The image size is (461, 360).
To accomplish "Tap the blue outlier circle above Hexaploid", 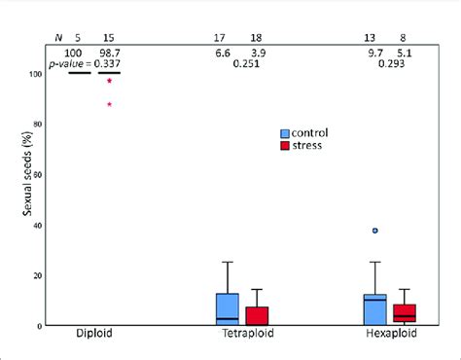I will [374, 231].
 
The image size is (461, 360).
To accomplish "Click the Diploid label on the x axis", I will [94, 335].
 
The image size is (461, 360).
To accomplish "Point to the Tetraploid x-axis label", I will [242, 335].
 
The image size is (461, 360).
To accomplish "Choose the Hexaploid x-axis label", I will [388, 335].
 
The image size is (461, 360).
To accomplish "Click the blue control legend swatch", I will [286, 132].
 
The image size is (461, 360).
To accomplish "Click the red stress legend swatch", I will [286, 145].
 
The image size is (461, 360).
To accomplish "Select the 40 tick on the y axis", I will [38, 225].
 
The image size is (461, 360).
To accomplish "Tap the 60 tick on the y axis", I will [38, 174].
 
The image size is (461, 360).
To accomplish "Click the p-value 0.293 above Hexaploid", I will [390, 64].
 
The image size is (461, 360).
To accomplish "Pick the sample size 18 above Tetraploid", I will [257, 38].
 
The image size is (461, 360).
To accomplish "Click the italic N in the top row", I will [56, 38].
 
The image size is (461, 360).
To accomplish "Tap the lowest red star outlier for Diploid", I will [110, 105].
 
